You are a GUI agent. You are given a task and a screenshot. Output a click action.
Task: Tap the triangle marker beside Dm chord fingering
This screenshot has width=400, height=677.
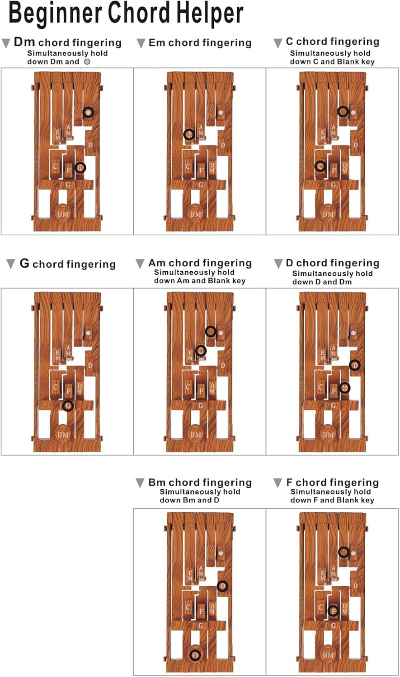(6, 43)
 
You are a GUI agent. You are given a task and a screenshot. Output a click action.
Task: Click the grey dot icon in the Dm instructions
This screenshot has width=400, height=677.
(87, 62)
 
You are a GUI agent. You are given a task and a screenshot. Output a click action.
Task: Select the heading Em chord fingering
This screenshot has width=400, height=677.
(200, 43)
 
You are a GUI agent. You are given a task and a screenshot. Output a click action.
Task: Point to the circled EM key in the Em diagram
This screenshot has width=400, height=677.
(189, 134)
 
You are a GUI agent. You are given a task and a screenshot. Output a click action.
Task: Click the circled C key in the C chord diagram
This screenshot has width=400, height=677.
(320, 166)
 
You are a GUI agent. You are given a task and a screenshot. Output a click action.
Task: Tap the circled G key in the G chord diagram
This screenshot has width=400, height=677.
(68, 405)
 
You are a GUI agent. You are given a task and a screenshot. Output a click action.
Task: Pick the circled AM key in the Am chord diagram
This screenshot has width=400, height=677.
(201, 351)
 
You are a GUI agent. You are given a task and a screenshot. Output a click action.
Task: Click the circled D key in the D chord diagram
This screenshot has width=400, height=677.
(355, 365)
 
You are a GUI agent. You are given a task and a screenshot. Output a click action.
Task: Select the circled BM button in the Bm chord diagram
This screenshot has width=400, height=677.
(195, 655)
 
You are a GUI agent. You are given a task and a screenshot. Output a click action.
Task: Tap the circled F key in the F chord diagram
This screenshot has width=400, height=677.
(333, 611)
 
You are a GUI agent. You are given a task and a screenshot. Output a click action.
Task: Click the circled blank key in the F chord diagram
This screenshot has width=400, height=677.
(344, 552)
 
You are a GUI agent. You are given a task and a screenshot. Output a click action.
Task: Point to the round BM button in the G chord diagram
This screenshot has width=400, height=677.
(63, 435)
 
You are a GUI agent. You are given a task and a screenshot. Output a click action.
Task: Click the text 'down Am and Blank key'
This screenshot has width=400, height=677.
(199, 281)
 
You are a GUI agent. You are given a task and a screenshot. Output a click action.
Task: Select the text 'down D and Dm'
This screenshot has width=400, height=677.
(322, 282)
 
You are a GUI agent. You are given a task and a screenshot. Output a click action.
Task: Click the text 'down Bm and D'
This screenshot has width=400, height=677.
(189, 501)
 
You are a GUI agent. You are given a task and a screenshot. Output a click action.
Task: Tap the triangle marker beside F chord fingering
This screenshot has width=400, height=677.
(278, 483)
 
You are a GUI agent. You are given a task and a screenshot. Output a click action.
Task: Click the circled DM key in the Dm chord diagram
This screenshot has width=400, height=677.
(80, 167)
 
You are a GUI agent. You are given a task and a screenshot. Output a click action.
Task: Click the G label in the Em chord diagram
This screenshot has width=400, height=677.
(201, 185)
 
